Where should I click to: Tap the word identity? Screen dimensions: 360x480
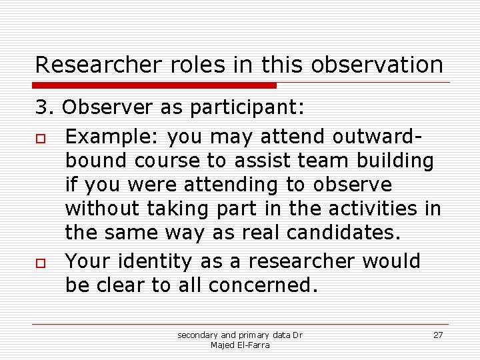(x=169, y=261)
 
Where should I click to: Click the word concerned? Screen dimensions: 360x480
(x=263, y=285)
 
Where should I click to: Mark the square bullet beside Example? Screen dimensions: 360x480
(x=40, y=137)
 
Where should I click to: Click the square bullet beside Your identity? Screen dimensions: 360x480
(x=40, y=261)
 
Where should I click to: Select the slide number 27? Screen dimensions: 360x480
(x=438, y=335)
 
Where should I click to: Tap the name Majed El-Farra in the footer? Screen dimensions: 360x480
(x=239, y=345)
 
